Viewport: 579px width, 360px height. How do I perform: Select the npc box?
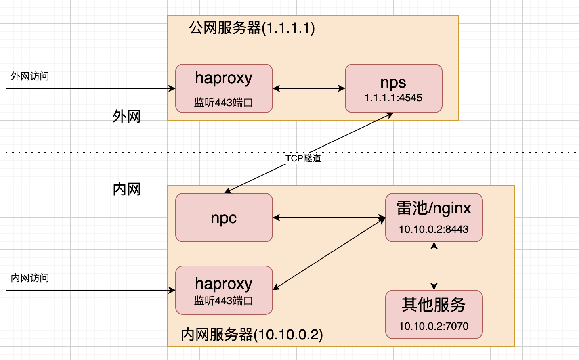click(x=224, y=218)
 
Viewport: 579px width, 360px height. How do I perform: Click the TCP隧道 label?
click(x=303, y=158)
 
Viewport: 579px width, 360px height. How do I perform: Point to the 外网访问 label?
click(x=30, y=76)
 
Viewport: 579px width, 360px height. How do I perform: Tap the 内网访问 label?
click(x=30, y=278)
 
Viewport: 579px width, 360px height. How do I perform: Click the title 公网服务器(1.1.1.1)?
click(x=252, y=28)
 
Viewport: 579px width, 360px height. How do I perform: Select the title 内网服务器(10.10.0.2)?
click(x=252, y=335)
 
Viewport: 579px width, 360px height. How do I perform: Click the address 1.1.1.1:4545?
click(x=393, y=98)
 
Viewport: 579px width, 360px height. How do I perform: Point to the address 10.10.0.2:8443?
click(x=434, y=229)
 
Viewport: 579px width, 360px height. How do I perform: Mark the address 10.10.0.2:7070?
click(x=434, y=326)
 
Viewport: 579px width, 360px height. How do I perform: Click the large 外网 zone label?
click(x=126, y=116)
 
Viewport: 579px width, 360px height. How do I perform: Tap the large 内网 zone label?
click(x=126, y=189)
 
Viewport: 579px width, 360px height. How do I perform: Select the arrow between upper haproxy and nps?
click(x=309, y=88)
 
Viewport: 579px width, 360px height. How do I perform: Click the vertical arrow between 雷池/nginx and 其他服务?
click(x=434, y=266)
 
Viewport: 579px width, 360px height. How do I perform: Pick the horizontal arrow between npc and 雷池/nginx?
click(x=329, y=218)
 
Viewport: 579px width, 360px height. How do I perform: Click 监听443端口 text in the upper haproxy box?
click(x=224, y=103)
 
